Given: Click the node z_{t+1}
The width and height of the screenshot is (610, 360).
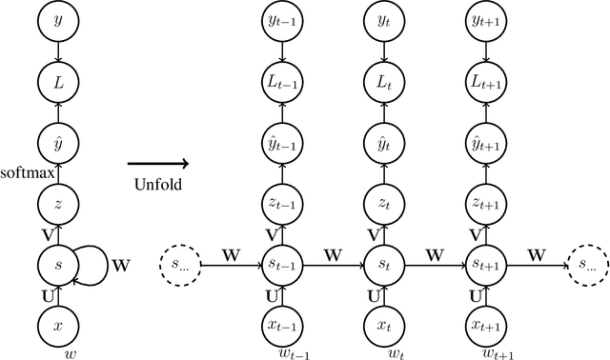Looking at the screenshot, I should [x=485, y=203].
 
